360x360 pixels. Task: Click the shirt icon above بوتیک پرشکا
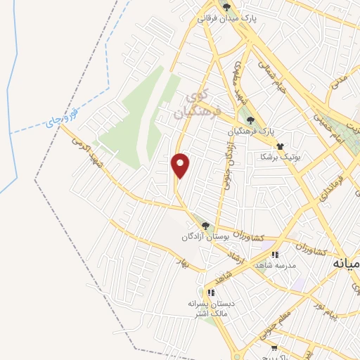coord(281,146)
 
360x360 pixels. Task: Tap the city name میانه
coord(346,266)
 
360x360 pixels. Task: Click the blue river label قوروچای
coord(60,118)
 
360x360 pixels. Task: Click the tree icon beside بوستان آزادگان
coord(205,226)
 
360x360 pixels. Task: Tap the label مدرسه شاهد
coord(276,265)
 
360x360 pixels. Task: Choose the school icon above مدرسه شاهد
coord(276,255)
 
